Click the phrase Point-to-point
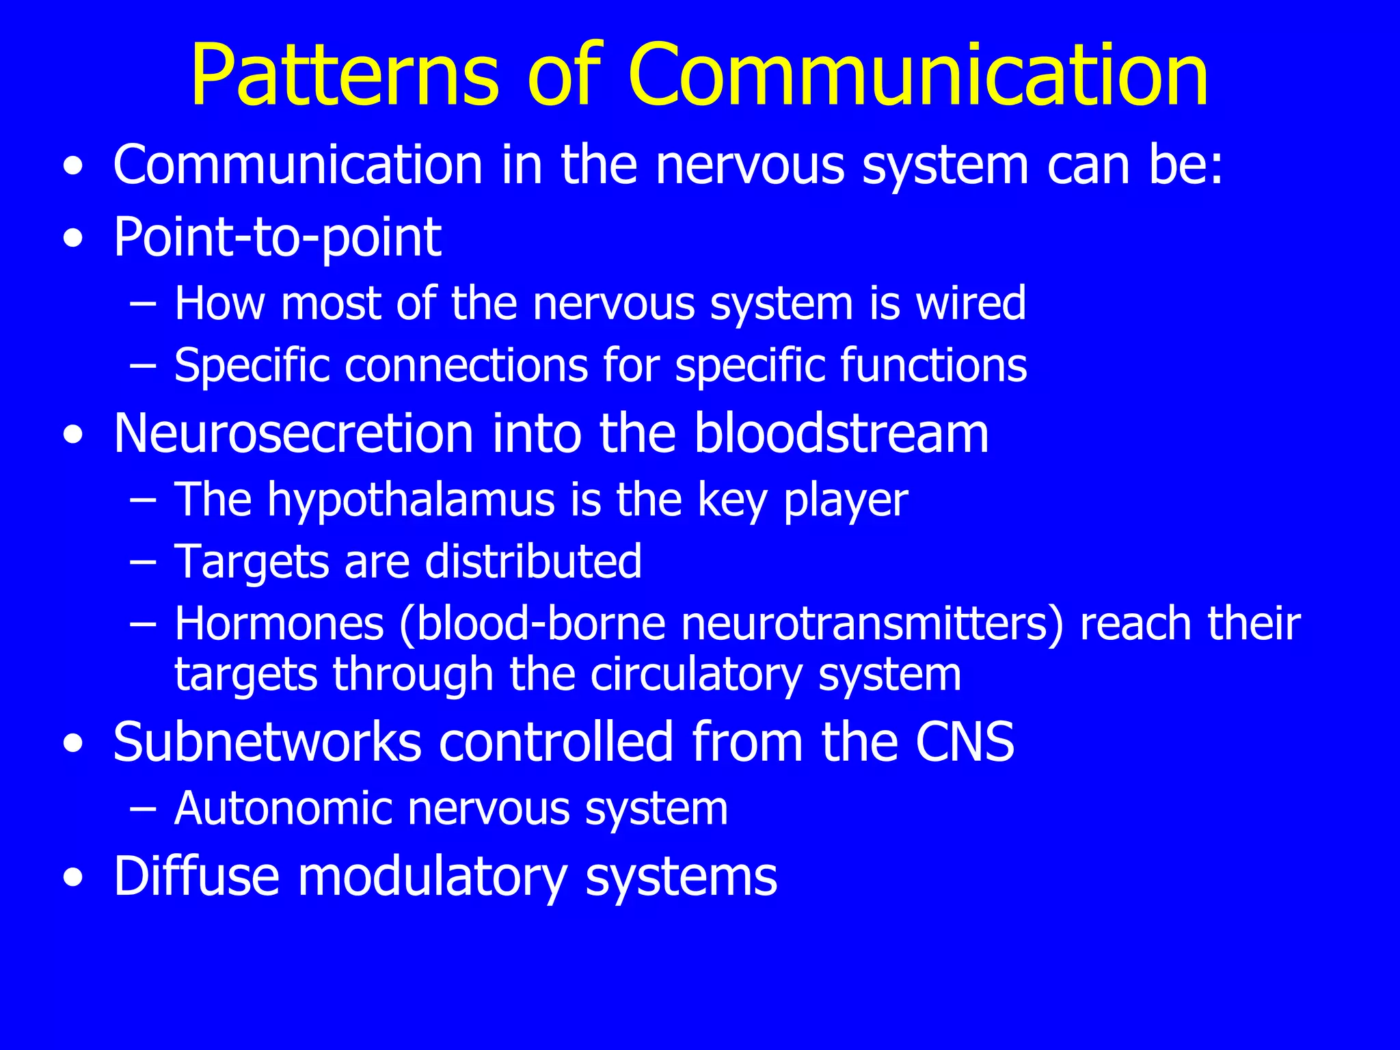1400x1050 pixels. [x=277, y=238]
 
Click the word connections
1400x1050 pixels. [x=466, y=365]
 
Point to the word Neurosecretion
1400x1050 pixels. [x=293, y=433]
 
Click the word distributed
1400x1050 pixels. [x=533, y=562]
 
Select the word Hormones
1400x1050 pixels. [x=279, y=624]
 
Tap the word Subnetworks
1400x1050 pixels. [x=267, y=742]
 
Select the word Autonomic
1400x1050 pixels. [x=282, y=809]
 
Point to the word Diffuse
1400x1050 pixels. [x=196, y=876]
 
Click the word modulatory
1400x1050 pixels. [x=433, y=876]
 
